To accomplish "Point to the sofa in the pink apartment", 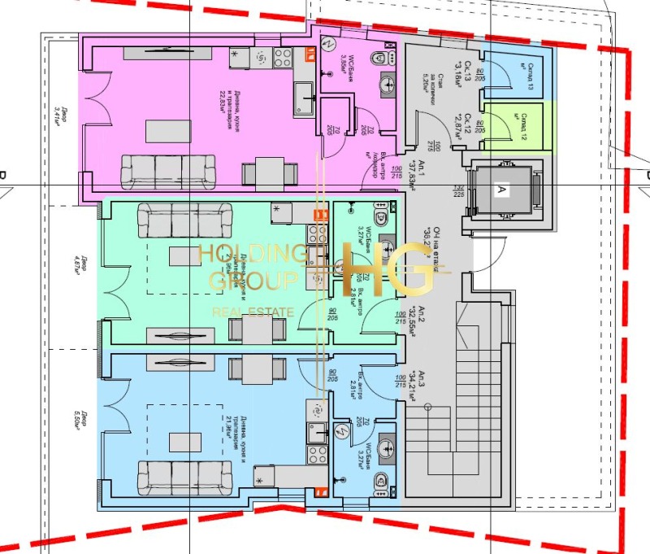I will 168,171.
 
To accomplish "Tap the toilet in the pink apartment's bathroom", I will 379,59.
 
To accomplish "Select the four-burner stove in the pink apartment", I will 283,57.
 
